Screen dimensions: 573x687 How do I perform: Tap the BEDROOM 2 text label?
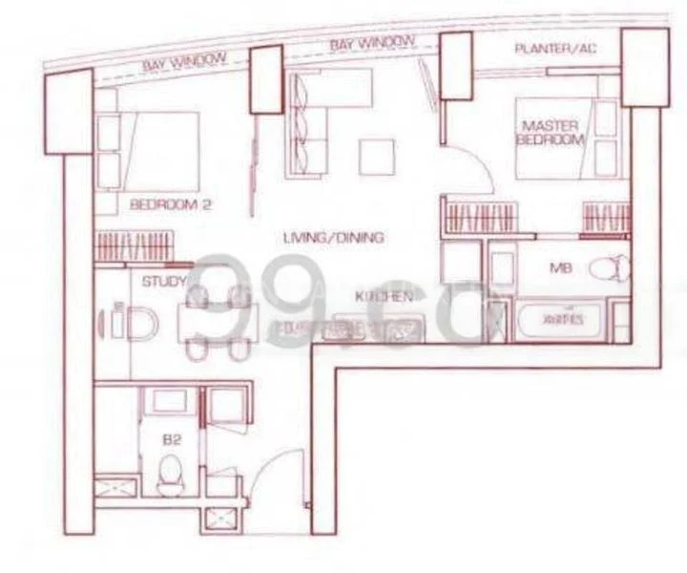click(x=168, y=203)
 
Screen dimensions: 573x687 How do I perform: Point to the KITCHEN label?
click(x=384, y=297)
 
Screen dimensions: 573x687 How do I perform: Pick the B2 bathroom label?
click(x=173, y=440)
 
